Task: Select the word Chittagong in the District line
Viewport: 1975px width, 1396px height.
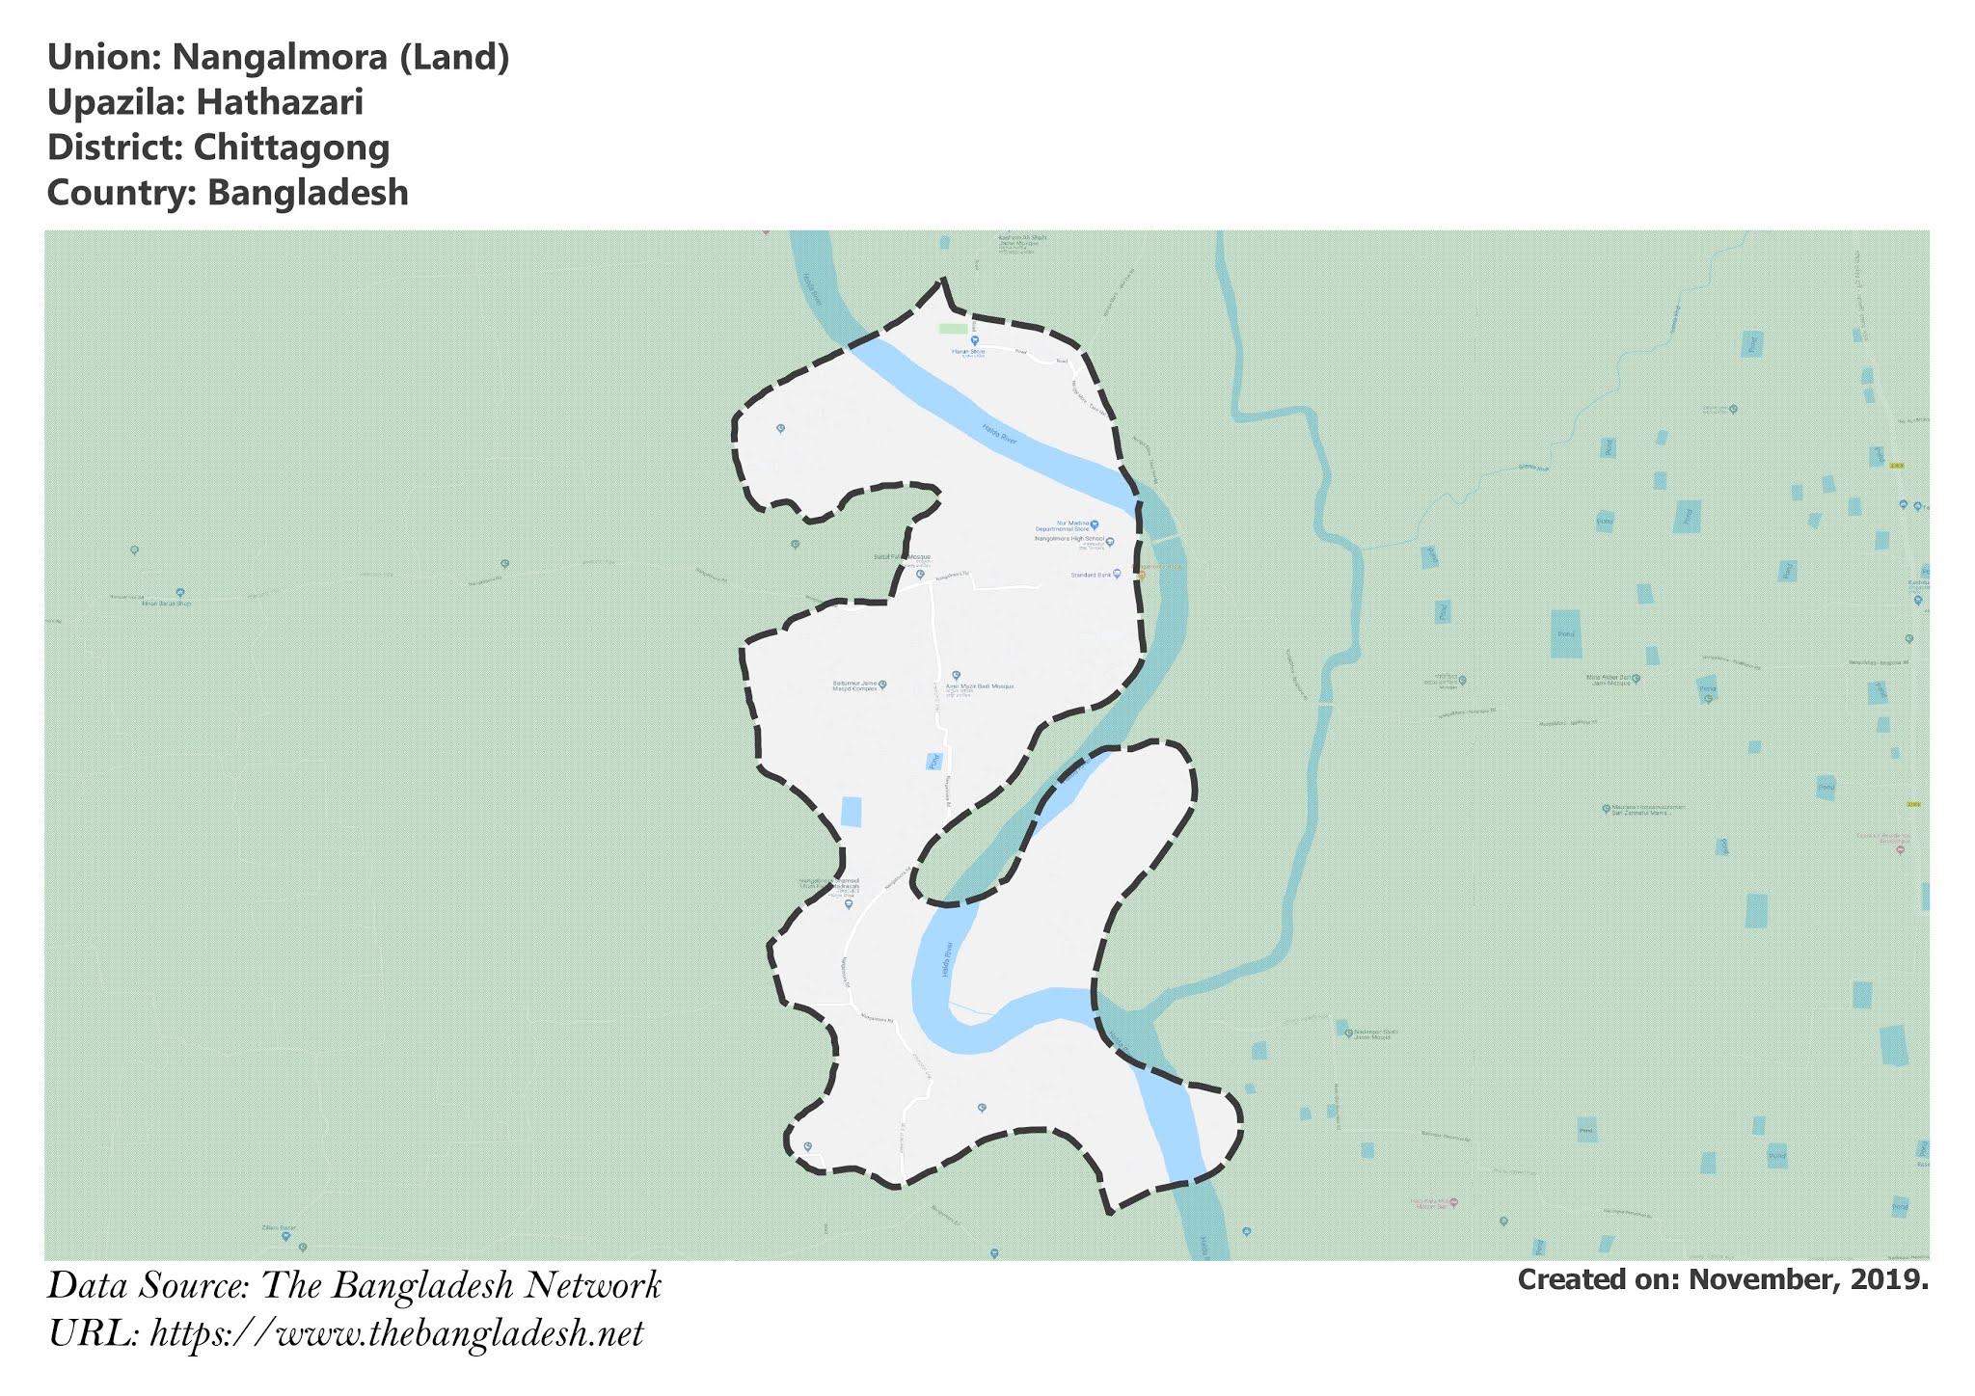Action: [x=291, y=148]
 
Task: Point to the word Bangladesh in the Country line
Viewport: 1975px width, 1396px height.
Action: [x=308, y=193]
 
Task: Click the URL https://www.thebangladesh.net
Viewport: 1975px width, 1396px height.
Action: [x=396, y=1333]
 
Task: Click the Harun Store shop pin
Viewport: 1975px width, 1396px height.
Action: [x=974, y=341]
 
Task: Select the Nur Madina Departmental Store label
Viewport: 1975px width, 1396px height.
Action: [x=1063, y=526]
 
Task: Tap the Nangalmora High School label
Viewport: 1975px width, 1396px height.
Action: [x=1069, y=539]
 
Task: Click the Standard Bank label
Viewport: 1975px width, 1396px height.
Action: [x=1091, y=576]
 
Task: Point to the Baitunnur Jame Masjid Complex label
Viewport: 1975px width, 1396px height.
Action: [x=854, y=686]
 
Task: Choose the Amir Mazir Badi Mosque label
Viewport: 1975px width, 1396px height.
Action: [x=973, y=686]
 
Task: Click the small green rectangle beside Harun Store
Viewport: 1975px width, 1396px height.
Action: [x=953, y=329]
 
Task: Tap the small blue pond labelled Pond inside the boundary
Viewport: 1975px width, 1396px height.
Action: [x=933, y=761]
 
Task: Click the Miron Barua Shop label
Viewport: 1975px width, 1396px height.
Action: [x=166, y=604]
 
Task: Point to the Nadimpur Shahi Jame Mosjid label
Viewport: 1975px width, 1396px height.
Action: [x=1370, y=1034]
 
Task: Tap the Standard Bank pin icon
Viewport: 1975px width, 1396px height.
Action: [x=1117, y=574]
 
